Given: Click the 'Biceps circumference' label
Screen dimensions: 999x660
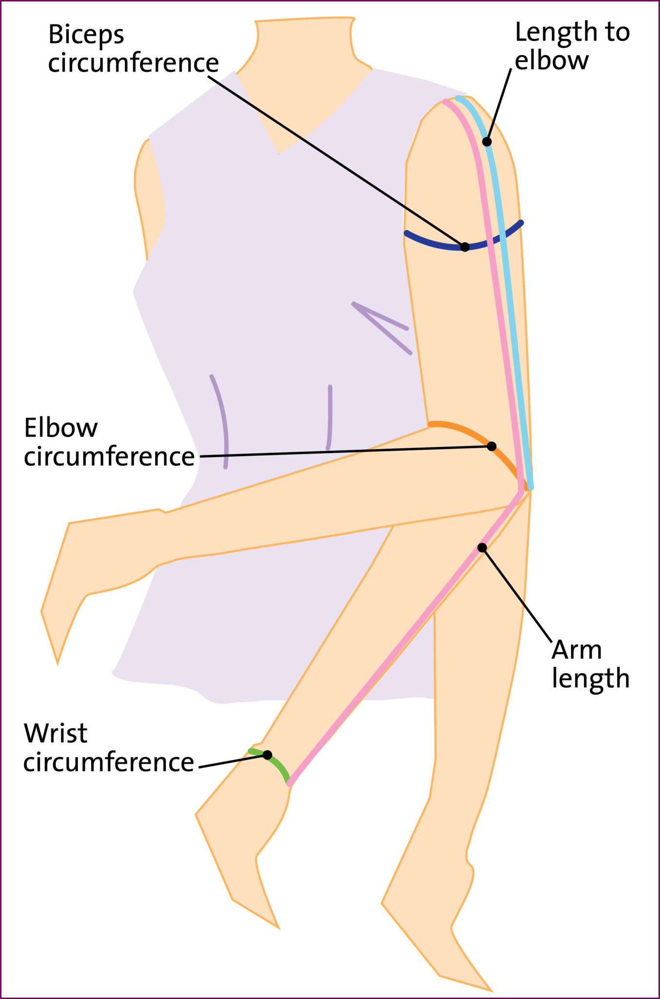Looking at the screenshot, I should [133, 49].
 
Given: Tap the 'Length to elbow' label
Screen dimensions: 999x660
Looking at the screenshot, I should [572, 46].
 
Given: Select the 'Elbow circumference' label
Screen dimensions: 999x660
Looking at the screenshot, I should [109, 442].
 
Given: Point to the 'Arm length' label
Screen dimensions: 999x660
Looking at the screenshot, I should [590, 664].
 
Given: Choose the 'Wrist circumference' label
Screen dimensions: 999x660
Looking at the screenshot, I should [108, 748].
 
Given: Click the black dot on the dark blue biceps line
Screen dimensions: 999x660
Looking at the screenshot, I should [465, 247].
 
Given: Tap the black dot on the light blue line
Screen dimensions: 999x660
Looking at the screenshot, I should [487, 142].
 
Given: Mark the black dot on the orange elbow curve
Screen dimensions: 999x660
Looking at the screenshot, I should [492, 446].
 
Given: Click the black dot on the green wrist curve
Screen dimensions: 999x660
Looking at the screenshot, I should [268, 755].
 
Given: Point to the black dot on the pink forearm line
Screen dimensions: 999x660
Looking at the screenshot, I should [482, 548].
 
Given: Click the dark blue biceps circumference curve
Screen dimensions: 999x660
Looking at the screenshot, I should [429, 242].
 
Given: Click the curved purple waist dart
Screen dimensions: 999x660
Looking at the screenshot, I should [222, 420].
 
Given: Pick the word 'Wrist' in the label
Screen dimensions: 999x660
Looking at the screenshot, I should [56, 734].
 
